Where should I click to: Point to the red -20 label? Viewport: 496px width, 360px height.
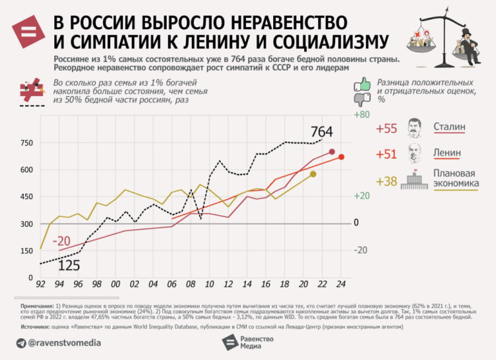(x=62, y=240)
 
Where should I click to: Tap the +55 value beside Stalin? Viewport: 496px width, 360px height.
(x=386, y=128)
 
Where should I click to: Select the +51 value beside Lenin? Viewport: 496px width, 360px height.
(x=386, y=154)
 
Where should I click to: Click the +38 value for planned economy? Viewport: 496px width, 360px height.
(x=386, y=181)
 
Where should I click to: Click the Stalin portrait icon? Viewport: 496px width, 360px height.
(x=415, y=126)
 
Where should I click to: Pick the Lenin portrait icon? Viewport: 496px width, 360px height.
(x=415, y=152)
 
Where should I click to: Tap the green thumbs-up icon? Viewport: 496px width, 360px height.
(x=361, y=84)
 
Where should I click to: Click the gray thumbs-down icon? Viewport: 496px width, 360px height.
(x=361, y=100)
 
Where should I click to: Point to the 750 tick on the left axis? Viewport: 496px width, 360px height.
(x=26, y=143)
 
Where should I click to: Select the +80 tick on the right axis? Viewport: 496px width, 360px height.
(x=361, y=114)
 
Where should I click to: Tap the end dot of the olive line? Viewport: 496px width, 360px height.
(x=313, y=174)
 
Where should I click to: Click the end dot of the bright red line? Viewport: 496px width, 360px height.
(x=341, y=157)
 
